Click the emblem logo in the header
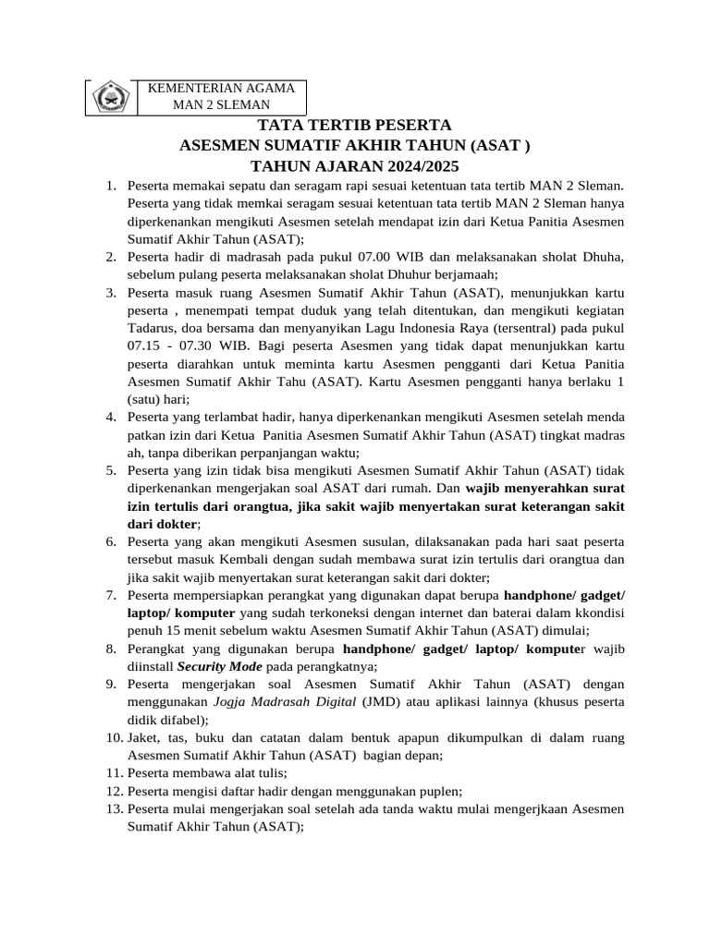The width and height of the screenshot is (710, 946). [x=111, y=97]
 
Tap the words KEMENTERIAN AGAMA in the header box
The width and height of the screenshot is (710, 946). [x=221, y=88]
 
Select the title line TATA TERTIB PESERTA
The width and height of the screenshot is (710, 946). [x=354, y=126]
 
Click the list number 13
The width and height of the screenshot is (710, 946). [x=114, y=809]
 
